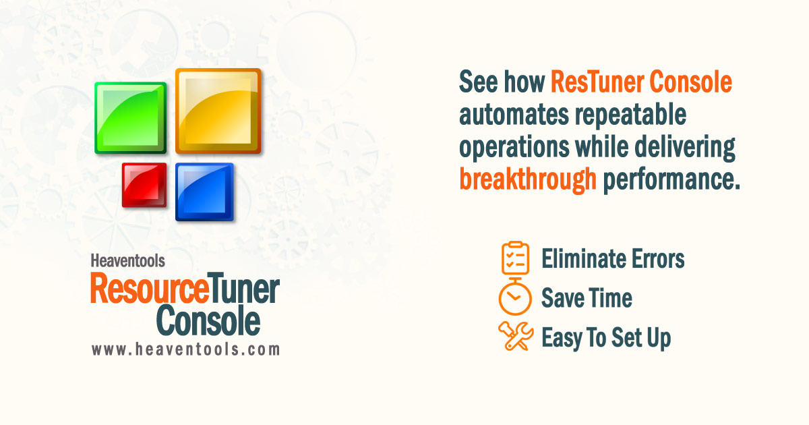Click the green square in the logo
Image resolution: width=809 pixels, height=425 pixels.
131,118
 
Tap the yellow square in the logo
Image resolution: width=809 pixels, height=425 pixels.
218,111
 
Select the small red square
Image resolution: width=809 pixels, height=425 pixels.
144,185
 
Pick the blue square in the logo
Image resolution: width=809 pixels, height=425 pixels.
204,192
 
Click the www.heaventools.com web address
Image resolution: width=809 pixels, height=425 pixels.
185,349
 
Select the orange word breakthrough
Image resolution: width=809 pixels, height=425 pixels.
528,179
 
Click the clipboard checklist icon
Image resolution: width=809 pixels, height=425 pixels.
516,257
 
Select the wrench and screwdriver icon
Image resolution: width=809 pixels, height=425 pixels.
516,336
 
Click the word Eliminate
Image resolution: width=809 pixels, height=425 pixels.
580,258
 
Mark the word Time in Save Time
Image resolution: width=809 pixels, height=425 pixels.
609,297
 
